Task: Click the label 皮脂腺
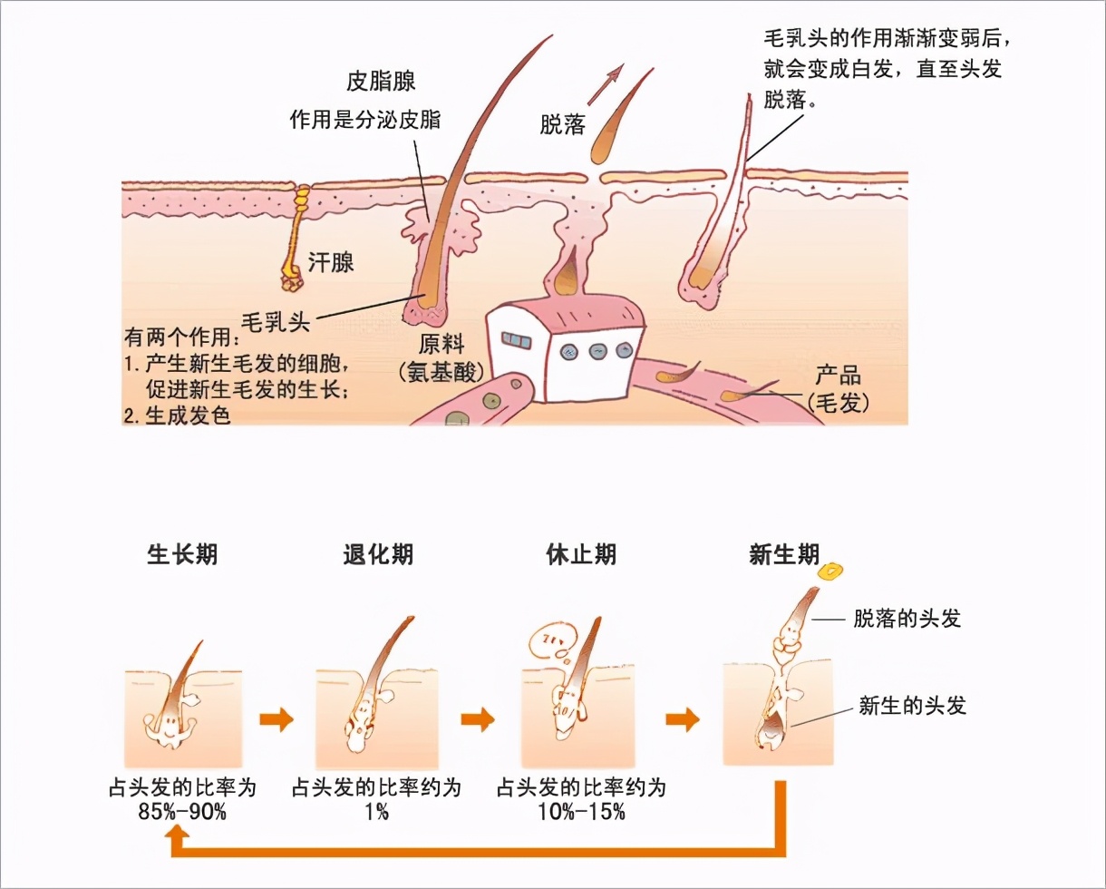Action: (381, 82)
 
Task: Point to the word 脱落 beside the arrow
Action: (561, 125)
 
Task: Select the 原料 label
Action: (441, 345)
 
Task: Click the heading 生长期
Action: (182, 554)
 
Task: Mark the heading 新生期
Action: (784, 554)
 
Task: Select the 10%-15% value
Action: (581, 812)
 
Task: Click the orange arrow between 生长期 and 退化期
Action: (276, 720)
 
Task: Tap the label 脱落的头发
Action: (907, 620)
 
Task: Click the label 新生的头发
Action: (912, 705)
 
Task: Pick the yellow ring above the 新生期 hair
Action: (830, 571)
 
